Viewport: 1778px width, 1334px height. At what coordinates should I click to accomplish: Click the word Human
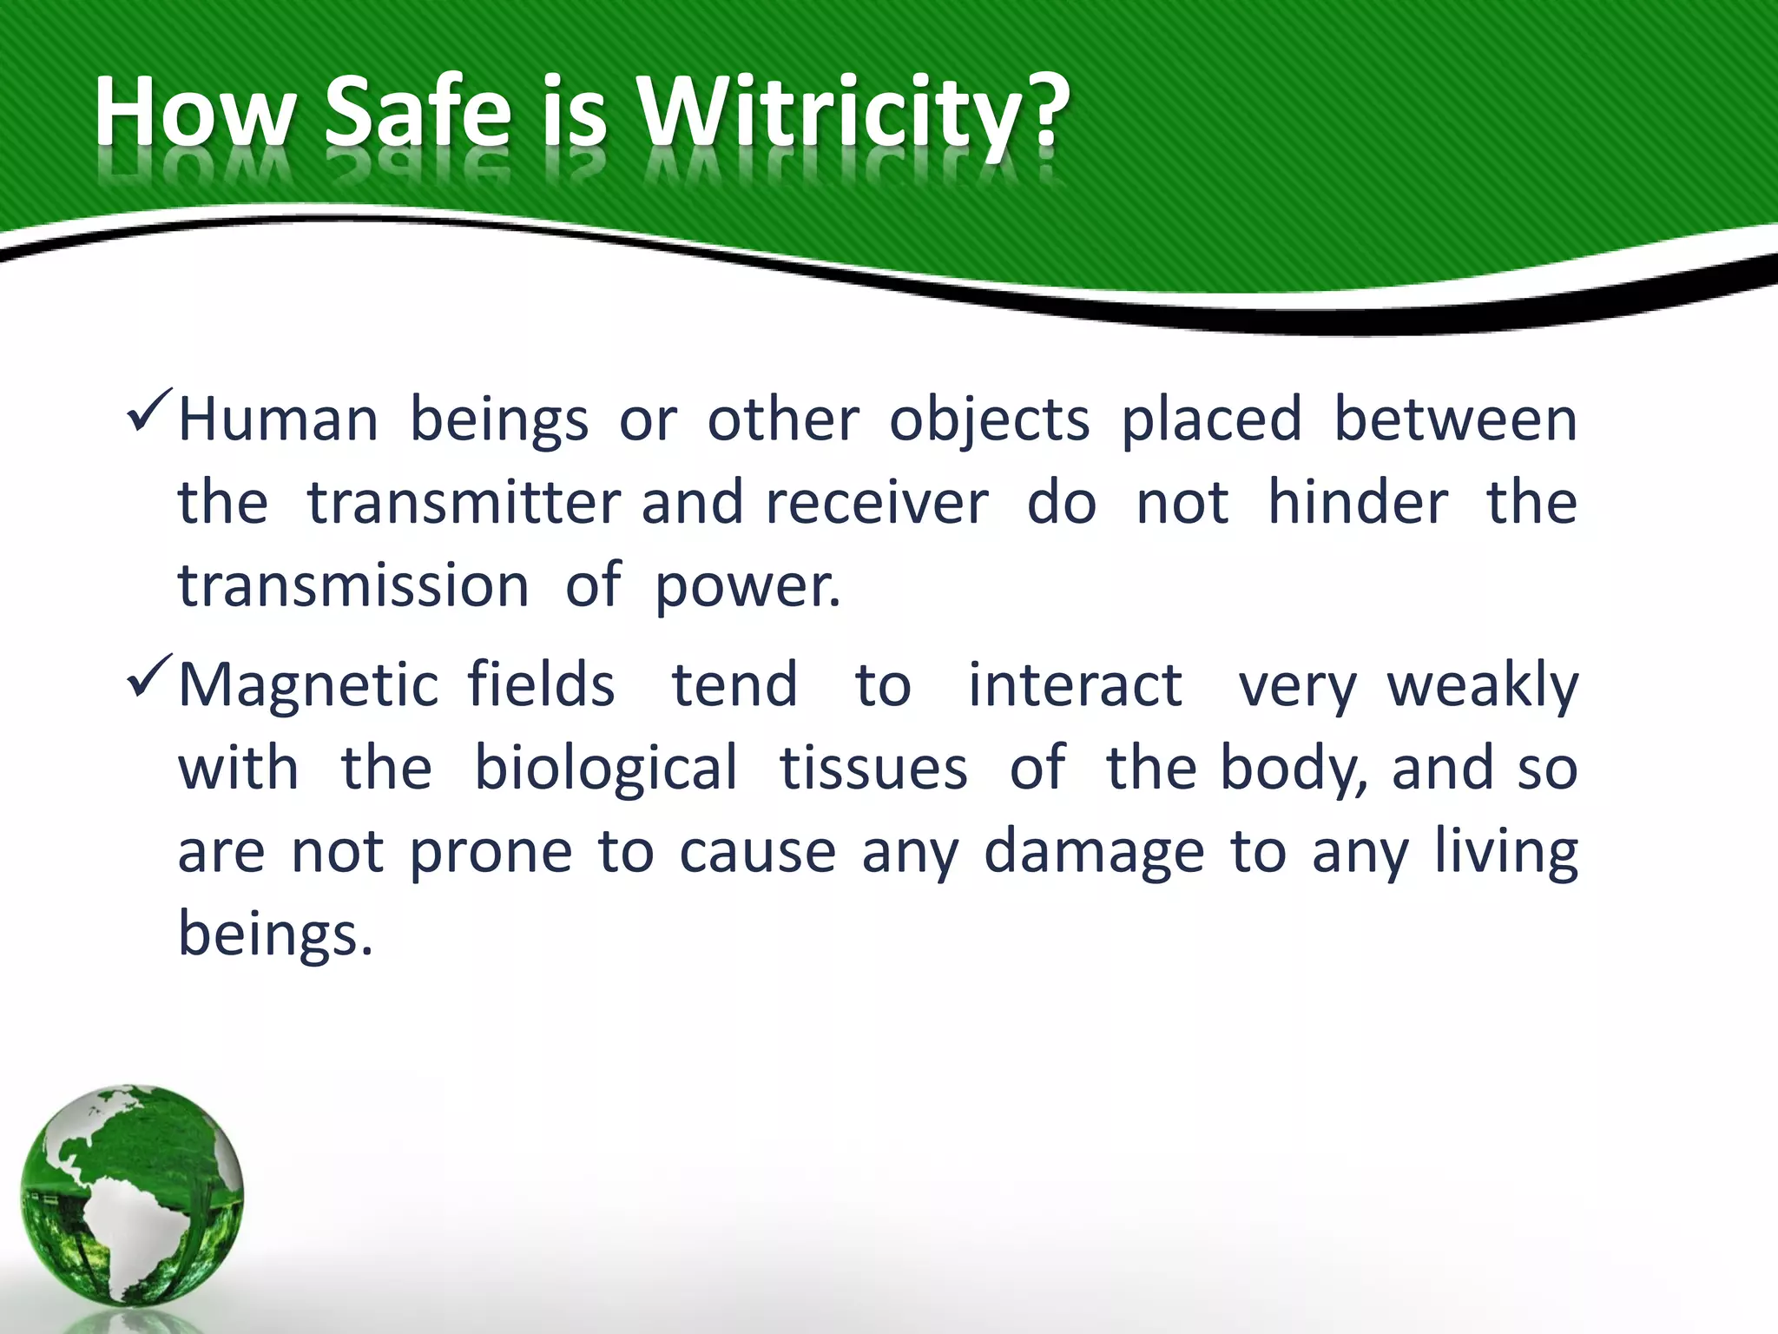tap(278, 419)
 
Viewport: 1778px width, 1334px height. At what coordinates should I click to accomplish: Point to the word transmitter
tap(464, 503)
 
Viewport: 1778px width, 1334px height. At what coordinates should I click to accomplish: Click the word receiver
tap(877, 503)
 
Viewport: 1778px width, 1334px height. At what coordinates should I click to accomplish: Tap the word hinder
tap(1358, 503)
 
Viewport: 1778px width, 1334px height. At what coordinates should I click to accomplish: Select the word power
tap(747, 588)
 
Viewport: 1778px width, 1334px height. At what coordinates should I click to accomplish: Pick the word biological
tap(606, 769)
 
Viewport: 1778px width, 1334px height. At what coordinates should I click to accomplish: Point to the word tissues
tap(873, 769)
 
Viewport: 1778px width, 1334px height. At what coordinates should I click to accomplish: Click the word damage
tap(1094, 853)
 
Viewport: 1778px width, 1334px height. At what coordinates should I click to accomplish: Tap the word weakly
tap(1482, 686)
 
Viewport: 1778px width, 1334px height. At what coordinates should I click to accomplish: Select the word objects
tap(989, 421)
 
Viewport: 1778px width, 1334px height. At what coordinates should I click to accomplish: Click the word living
tap(1505, 853)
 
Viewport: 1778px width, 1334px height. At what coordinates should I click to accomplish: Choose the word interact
tap(1075, 686)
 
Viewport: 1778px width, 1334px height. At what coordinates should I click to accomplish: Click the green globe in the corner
tap(132, 1195)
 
